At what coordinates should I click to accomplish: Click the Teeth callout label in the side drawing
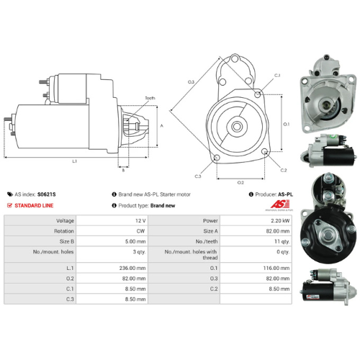tap(150, 98)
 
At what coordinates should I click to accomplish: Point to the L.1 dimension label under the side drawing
tap(75, 161)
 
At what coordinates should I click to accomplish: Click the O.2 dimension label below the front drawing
tap(240, 183)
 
